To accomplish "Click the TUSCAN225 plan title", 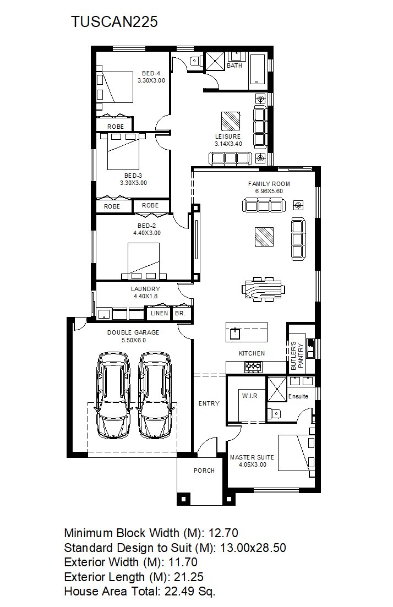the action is (x=114, y=21).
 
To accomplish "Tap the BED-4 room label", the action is (x=151, y=73).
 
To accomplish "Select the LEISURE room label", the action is (x=228, y=136).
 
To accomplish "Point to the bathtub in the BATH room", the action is (x=258, y=70).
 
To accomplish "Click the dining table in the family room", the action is (x=263, y=289).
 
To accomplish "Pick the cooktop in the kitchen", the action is (x=253, y=366).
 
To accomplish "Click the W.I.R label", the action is (x=249, y=396).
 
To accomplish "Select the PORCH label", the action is (x=204, y=471).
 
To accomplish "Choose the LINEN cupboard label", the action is (x=160, y=313).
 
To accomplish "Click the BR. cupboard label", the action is (x=180, y=313).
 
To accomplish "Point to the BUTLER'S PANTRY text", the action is (x=297, y=356).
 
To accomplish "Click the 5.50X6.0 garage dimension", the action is (x=134, y=340).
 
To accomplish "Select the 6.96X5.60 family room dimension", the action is (x=269, y=191).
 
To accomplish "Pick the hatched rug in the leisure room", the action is (x=231, y=121).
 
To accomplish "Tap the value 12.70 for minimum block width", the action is (x=223, y=533).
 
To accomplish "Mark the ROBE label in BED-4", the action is (x=116, y=127).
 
